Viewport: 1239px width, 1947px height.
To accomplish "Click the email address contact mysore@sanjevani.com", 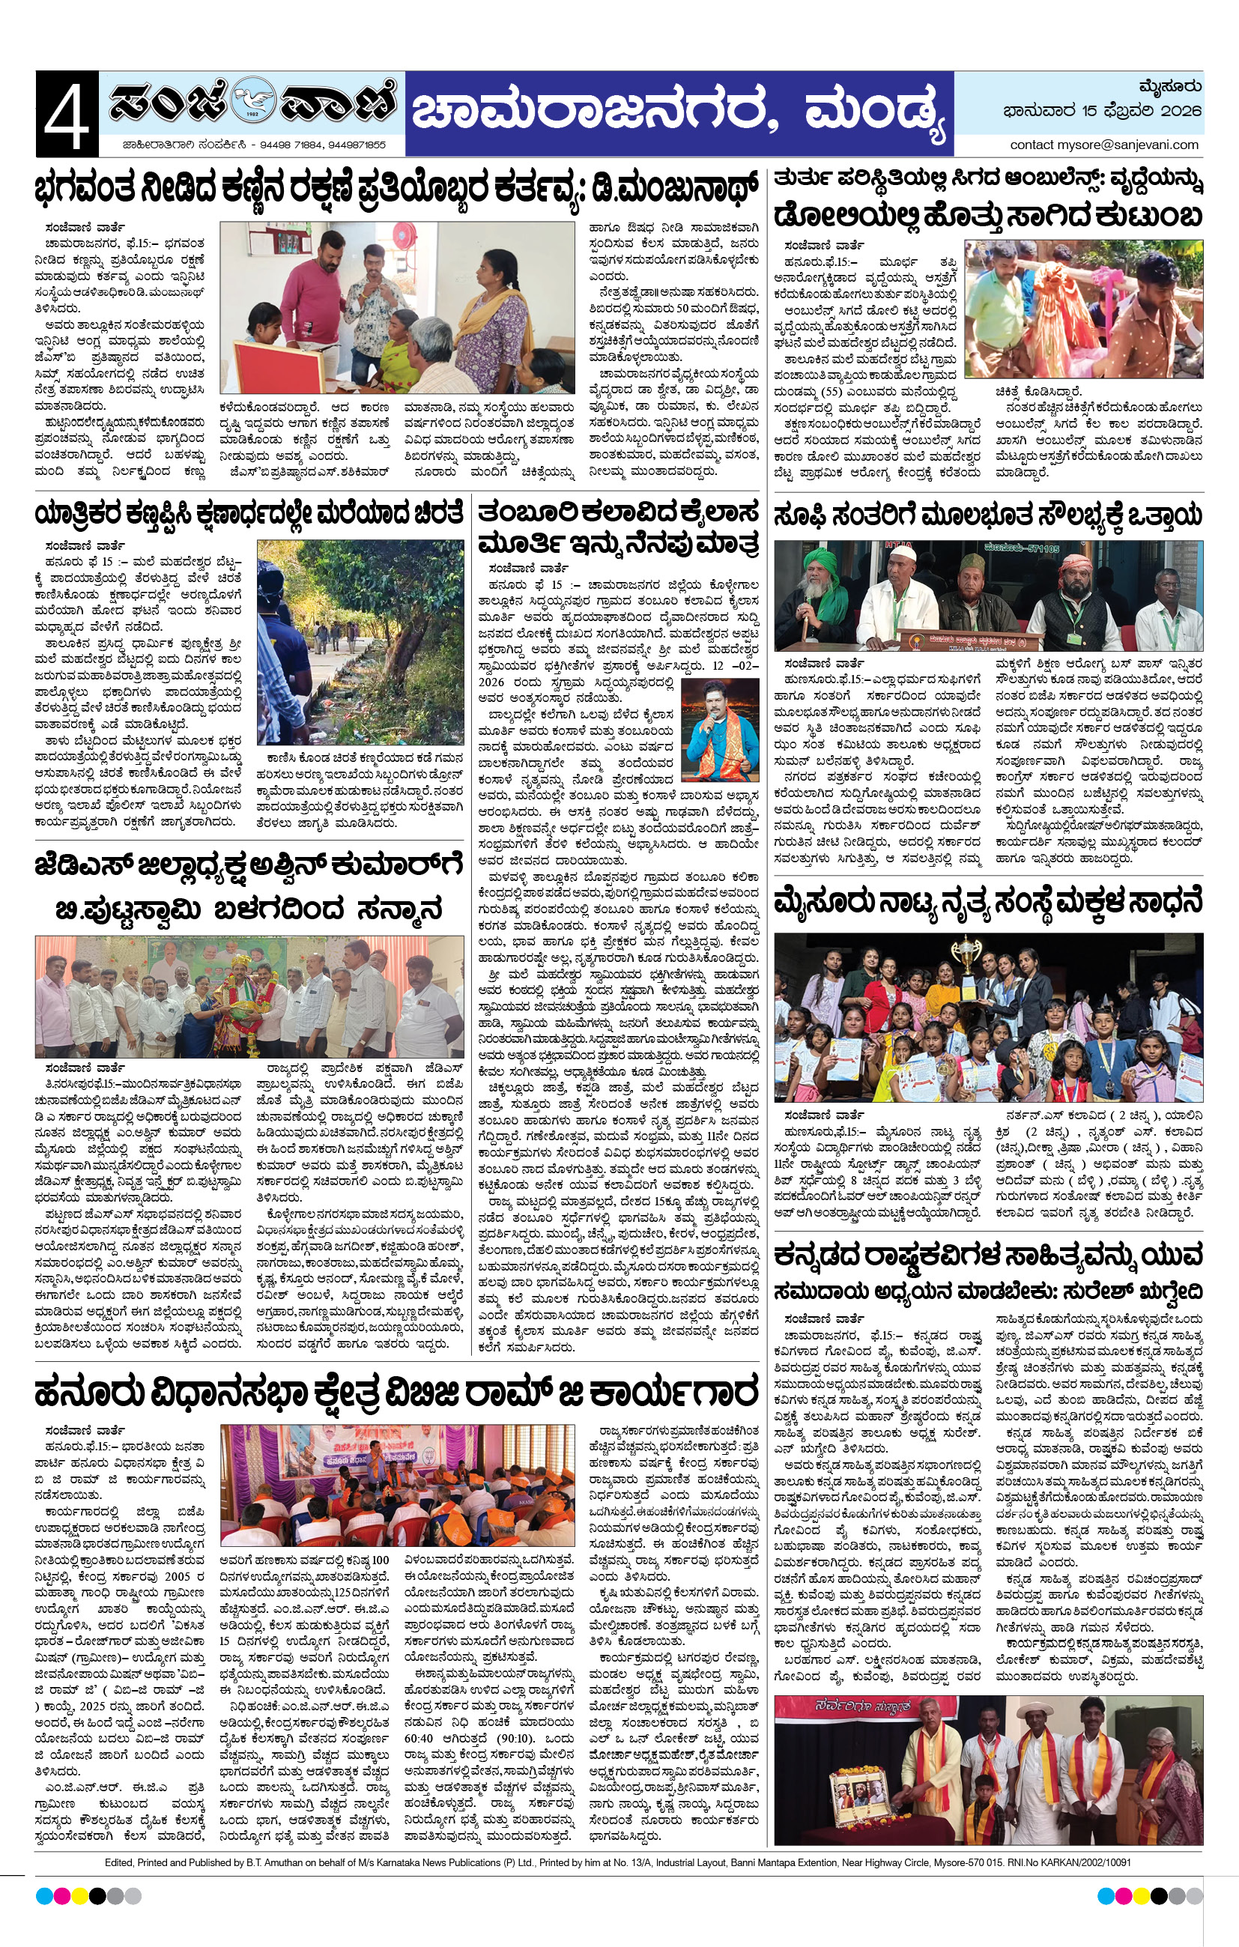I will tap(1104, 145).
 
